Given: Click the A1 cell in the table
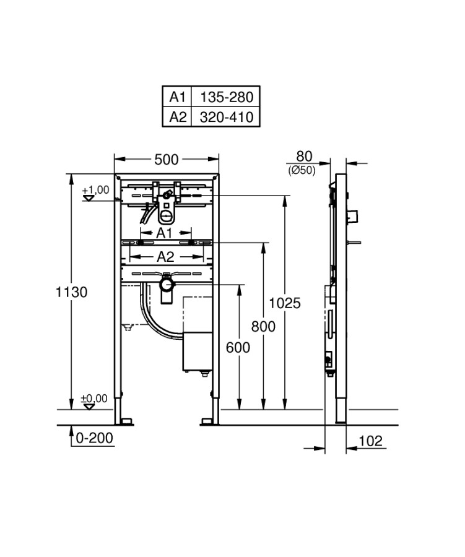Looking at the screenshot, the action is click(x=177, y=97).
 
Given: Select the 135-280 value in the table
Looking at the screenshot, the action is click(x=227, y=97).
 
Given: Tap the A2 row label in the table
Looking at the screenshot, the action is click(x=178, y=116).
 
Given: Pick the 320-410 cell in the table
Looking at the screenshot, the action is click(x=227, y=117).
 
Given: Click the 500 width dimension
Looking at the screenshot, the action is click(x=167, y=160).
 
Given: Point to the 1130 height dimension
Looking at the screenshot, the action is click(x=71, y=292).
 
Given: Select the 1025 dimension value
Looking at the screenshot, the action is click(x=284, y=303).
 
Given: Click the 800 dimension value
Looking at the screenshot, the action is click(x=263, y=326).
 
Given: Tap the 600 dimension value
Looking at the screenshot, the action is click(x=238, y=347).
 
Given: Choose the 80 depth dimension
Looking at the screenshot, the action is click(x=304, y=157).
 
